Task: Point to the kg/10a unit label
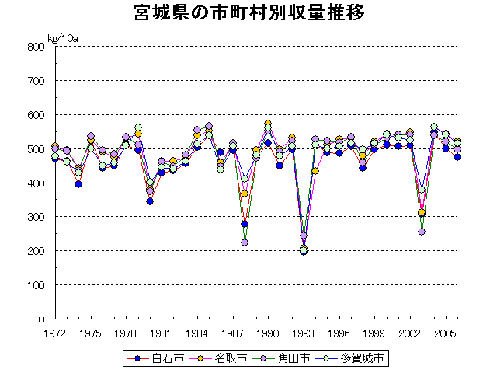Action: point(61,38)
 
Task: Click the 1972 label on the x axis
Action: point(55,333)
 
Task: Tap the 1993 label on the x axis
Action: point(304,333)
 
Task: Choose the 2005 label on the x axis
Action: point(446,333)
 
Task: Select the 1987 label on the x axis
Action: point(232,333)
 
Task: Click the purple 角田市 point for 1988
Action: point(245,243)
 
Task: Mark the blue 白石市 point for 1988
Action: point(245,224)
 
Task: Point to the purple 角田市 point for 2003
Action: point(422,232)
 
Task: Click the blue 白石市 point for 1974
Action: point(78,184)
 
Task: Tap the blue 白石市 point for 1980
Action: point(150,201)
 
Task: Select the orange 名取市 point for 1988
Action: point(245,194)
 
